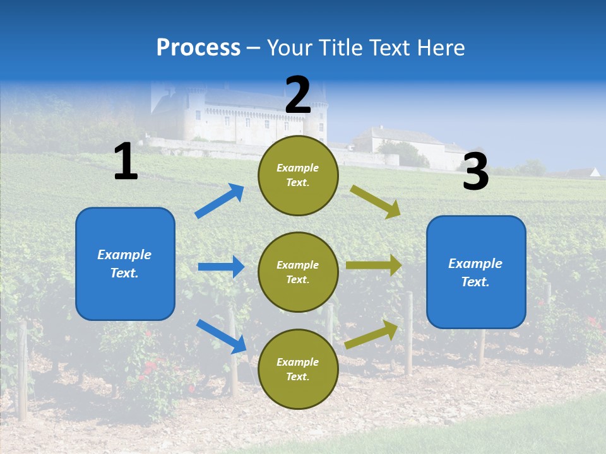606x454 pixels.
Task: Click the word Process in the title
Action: click(x=198, y=47)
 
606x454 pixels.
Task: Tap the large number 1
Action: click(x=126, y=161)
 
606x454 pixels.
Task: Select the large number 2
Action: click(x=298, y=95)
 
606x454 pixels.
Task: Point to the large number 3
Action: click(x=475, y=172)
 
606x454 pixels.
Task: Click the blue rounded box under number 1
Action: click(x=125, y=264)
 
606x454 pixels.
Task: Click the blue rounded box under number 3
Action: click(x=476, y=272)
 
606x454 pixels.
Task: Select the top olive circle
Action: click(x=298, y=175)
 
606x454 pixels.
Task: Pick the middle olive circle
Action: click(x=298, y=272)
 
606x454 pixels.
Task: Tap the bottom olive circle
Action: click(x=298, y=369)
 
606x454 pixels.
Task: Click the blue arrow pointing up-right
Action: click(x=220, y=201)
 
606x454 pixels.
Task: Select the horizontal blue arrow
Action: click(x=221, y=267)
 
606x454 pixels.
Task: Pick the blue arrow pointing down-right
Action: click(x=221, y=336)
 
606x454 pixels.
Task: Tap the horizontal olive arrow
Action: click(x=374, y=265)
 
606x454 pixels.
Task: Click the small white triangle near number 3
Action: click(x=595, y=172)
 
